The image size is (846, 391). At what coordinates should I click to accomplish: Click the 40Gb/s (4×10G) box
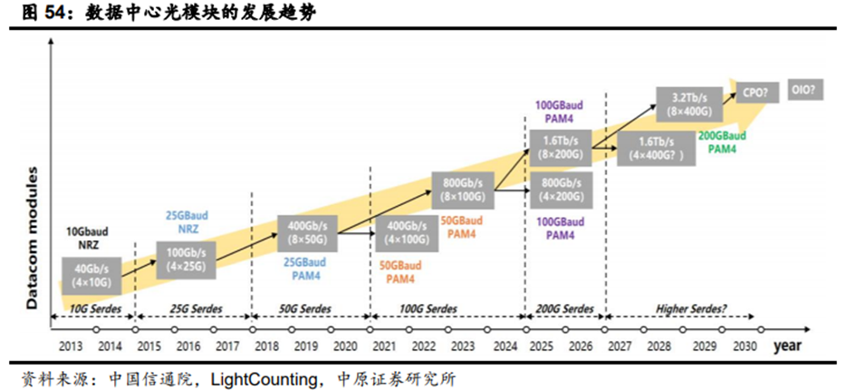(x=91, y=273)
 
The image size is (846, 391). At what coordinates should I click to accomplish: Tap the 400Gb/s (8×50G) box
(x=307, y=232)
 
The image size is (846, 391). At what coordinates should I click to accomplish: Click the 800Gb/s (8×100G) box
(x=461, y=189)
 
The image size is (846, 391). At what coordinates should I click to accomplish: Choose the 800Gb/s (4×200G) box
(x=560, y=190)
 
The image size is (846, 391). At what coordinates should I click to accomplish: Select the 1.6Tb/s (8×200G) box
(x=560, y=147)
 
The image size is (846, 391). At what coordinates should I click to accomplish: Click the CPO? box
(x=756, y=92)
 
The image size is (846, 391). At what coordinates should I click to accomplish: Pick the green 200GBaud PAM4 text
(x=722, y=142)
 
